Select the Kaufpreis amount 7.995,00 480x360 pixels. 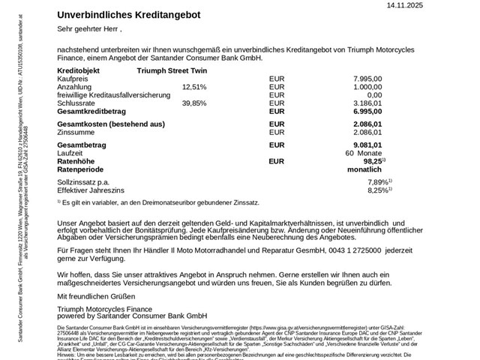click(x=367, y=78)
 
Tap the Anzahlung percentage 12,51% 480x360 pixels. click(x=194, y=87)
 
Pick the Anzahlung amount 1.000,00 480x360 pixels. click(x=367, y=87)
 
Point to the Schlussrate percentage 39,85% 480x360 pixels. click(x=194, y=103)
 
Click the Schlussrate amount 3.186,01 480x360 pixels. click(x=367, y=103)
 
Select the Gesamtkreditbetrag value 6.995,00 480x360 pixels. click(x=367, y=112)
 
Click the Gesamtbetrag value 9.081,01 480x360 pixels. click(x=367, y=145)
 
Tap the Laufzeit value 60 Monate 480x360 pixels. click(x=364, y=153)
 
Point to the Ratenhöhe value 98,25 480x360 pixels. click(x=372, y=161)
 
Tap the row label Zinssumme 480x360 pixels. click(x=76, y=132)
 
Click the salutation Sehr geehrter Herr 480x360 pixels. click(x=88, y=29)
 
